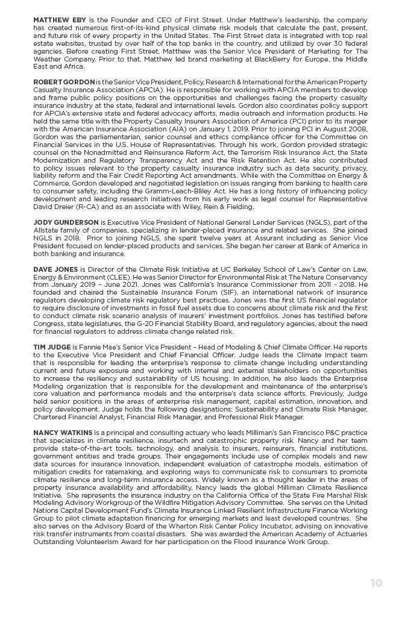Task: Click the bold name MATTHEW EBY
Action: (x=55, y=20)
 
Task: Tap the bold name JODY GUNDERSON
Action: (x=66, y=222)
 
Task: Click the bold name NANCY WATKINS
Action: (x=63, y=433)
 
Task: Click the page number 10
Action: (x=376, y=583)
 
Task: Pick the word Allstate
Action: (x=49, y=230)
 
